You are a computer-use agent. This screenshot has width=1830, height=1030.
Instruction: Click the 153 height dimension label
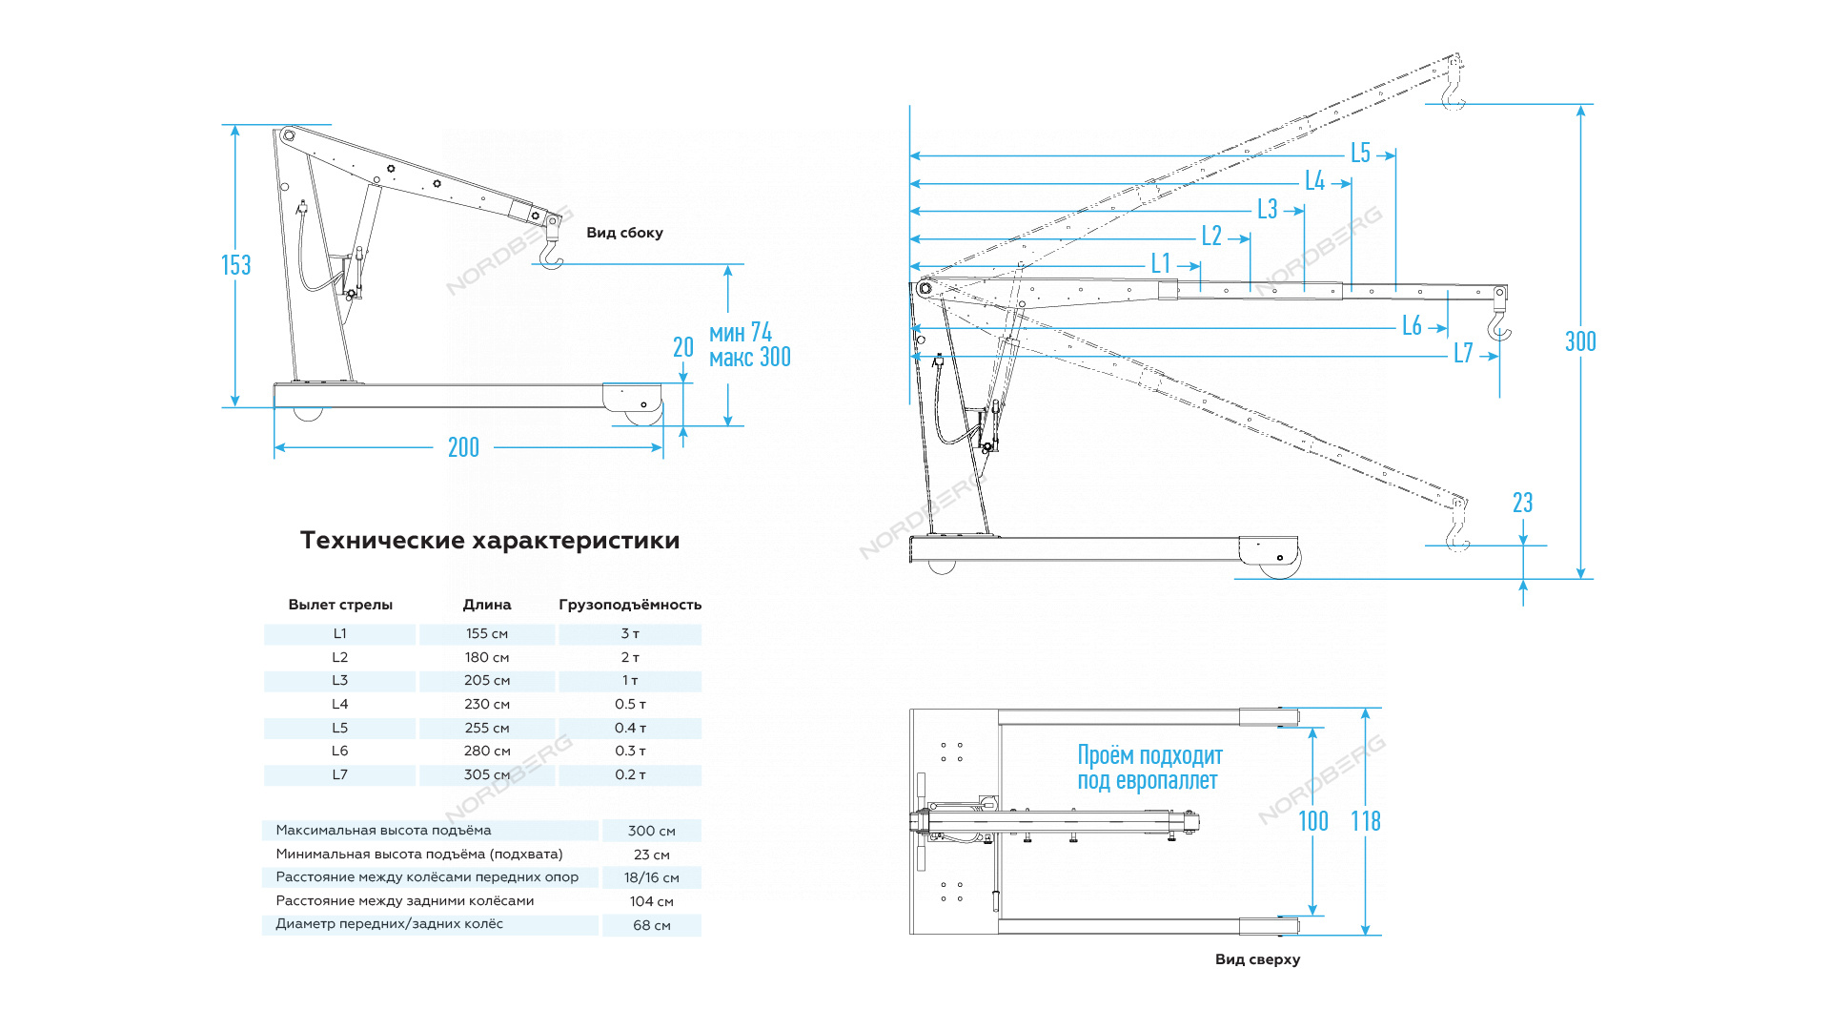(236, 265)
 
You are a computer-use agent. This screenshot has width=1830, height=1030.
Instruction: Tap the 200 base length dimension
(463, 447)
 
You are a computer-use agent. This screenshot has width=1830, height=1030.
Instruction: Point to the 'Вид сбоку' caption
(624, 233)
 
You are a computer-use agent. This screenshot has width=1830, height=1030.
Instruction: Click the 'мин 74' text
(741, 332)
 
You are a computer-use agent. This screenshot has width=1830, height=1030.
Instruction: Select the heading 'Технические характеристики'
(490, 540)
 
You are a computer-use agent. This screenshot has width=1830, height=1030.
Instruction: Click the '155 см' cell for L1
(487, 634)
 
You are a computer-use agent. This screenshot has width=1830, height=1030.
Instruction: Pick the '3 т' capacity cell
(630, 634)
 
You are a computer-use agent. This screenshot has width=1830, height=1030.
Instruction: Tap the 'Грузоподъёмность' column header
(630, 605)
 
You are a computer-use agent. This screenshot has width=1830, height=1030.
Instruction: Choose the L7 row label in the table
(340, 775)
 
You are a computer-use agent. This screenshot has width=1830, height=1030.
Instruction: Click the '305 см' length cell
(487, 775)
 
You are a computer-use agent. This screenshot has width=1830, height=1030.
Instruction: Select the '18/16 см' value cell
(652, 877)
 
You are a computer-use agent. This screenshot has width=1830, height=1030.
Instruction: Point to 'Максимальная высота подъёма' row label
(383, 831)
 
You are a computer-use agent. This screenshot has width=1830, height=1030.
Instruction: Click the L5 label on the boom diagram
(1360, 154)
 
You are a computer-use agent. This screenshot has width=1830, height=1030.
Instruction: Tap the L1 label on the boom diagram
(1160, 263)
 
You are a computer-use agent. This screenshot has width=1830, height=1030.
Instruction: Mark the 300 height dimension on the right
(1580, 341)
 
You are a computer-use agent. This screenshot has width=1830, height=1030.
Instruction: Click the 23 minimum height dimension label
(1522, 503)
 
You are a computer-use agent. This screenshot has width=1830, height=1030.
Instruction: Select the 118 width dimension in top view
(1366, 821)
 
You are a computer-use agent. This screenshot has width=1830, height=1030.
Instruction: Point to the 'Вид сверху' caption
(1257, 959)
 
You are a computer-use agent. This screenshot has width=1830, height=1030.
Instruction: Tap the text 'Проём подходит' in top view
(1149, 755)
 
